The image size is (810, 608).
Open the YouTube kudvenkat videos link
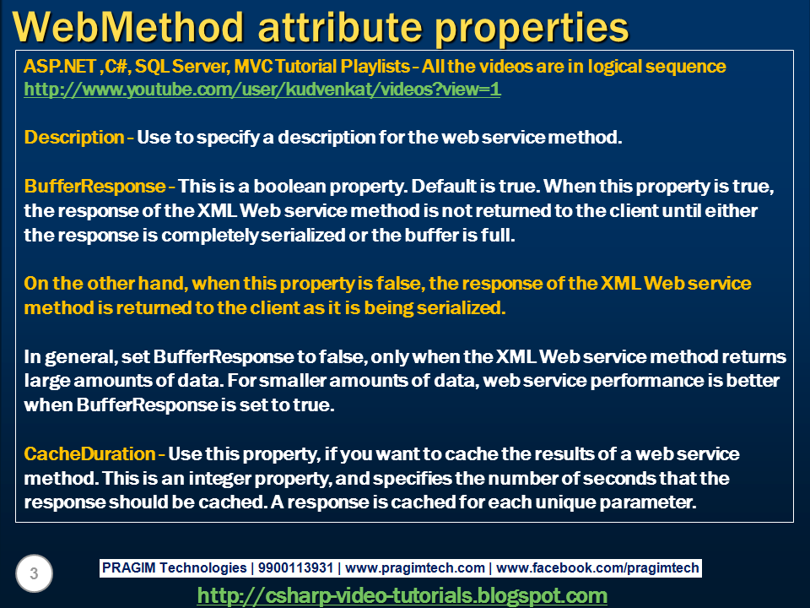coord(262,89)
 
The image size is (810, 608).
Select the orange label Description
coord(74,137)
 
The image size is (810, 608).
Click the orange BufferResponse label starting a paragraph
coord(95,185)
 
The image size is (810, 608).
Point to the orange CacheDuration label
coord(90,454)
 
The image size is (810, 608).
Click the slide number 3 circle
coord(34,574)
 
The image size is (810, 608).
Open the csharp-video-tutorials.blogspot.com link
coord(402,595)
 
